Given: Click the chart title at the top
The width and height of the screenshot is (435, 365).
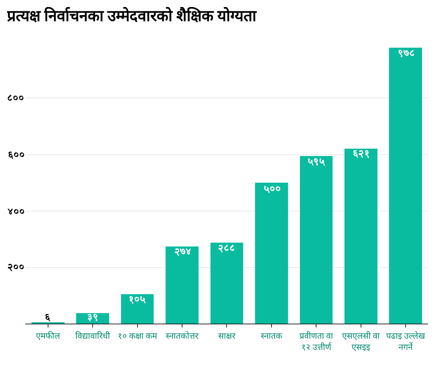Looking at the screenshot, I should [132, 16].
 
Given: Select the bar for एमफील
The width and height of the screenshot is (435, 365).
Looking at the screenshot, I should [48, 323].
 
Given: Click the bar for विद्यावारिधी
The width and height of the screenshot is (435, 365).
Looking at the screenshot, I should [93, 319].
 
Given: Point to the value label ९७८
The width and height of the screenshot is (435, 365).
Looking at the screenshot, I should [406, 53].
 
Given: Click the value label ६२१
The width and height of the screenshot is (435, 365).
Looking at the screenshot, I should [361, 154].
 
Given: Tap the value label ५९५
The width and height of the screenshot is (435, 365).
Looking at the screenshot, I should [316, 162].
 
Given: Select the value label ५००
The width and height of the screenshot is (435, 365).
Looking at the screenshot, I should [272, 189].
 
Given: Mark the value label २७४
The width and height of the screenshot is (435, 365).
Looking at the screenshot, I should [182, 251].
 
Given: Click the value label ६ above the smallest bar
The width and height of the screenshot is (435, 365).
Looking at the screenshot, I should [48, 317].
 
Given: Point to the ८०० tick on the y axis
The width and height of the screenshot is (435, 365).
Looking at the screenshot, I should [15, 98].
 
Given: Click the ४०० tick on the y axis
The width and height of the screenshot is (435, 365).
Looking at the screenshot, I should [15, 211].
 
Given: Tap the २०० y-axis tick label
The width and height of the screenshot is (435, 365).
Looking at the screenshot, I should [15, 268].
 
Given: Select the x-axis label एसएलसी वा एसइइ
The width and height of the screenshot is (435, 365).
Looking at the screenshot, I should [361, 342].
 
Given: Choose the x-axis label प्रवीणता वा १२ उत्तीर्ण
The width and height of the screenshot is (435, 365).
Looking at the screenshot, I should [316, 342].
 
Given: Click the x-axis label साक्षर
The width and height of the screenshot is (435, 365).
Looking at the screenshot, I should [227, 336].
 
